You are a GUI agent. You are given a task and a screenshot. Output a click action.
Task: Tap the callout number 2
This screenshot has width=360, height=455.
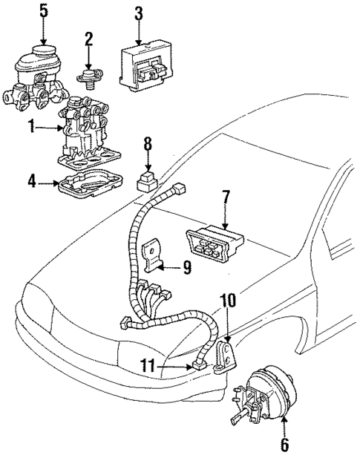(x=88, y=38)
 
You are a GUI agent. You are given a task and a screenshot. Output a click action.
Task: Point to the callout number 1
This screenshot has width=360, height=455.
(x=31, y=128)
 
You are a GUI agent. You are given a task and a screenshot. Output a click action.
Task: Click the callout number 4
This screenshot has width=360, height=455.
(x=31, y=180)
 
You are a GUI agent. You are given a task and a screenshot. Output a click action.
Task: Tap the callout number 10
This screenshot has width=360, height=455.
(x=227, y=301)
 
